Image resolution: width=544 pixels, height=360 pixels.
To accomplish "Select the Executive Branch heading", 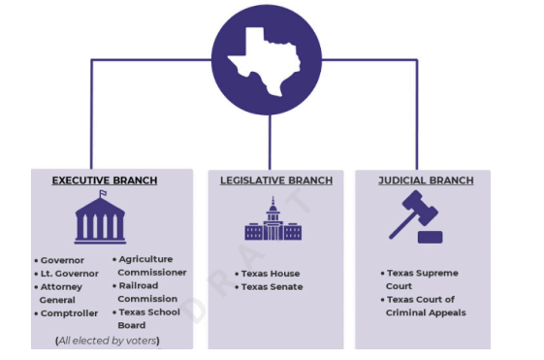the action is click(105, 180).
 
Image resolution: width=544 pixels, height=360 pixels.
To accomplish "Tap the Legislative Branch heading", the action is click(276, 180).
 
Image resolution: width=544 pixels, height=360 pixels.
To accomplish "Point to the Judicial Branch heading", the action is click(426, 180).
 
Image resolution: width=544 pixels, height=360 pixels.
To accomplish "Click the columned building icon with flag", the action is click(100, 217).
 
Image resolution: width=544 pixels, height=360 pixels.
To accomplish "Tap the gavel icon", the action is click(416, 216).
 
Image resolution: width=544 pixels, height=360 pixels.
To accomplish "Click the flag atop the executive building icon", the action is click(103, 193).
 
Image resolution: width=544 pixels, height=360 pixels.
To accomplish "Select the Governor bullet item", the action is click(59, 260).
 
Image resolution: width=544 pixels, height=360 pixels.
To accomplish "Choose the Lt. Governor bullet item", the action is click(66, 274).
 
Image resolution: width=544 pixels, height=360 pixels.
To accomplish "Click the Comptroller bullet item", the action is click(66, 313).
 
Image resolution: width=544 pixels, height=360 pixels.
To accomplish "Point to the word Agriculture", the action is click(145, 259).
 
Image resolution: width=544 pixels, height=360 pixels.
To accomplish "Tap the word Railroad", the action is click(139, 285).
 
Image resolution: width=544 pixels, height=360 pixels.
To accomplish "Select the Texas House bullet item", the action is click(268, 274).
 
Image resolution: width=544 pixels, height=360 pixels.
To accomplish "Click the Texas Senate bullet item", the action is click(269, 287).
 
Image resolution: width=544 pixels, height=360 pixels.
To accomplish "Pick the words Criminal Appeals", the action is click(426, 312).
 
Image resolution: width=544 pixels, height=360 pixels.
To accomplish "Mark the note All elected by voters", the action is click(108, 341).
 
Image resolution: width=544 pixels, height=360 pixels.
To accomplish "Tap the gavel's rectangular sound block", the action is click(431, 237).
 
